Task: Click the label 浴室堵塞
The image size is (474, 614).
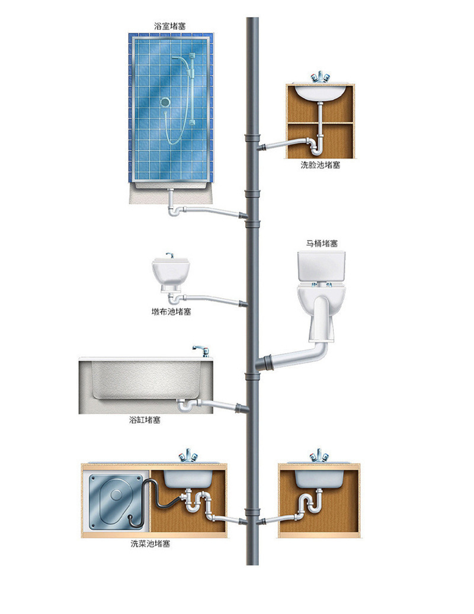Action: (x=171, y=26)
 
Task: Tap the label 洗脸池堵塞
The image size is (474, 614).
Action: (x=320, y=165)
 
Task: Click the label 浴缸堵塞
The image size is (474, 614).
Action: (x=145, y=420)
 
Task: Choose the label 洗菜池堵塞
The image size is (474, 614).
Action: (x=150, y=544)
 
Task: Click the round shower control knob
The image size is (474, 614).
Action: (x=164, y=102)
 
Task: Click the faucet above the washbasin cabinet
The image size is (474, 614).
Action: (x=321, y=77)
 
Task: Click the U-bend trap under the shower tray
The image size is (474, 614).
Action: (x=174, y=207)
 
